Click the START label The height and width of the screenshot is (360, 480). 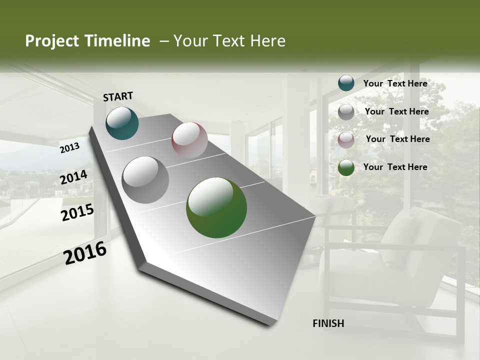pyautogui.click(x=118, y=96)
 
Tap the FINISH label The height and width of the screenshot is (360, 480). pyautogui.click(x=328, y=323)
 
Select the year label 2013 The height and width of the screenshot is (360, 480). pyautogui.click(x=70, y=147)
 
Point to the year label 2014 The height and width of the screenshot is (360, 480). pyautogui.click(x=73, y=177)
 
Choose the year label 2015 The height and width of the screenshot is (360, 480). pyautogui.click(x=77, y=212)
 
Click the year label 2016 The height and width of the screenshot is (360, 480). pyautogui.click(x=85, y=253)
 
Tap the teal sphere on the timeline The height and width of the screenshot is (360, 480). pyautogui.click(x=122, y=123)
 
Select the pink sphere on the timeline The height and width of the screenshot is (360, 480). pyautogui.click(x=189, y=140)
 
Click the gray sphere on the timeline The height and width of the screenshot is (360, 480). pyautogui.click(x=145, y=180)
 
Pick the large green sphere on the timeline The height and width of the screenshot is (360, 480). pyautogui.click(x=216, y=207)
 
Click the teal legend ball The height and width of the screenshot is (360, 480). pyautogui.click(x=346, y=83)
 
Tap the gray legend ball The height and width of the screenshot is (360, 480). pyautogui.click(x=346, y=112)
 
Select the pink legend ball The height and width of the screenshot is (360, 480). pyautogui.click(x=346, y=140)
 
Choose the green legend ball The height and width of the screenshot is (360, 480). pyautogui.click(x=346, y=167)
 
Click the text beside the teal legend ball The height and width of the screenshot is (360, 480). pyautogui.click(x=395, y=83)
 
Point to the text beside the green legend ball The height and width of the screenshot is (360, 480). pyautogui.click(x=395, y=167)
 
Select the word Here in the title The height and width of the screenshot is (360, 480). pyautogui.click(x=267, y=41)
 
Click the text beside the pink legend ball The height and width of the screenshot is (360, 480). pyautogui.click(x=397, y=139)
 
